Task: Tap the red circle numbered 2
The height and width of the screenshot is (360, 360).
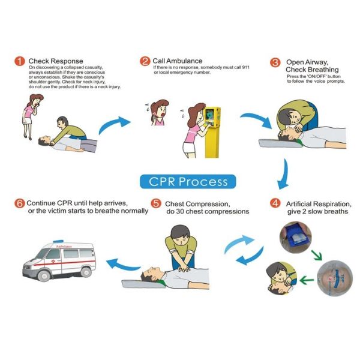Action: [x=145, y=61]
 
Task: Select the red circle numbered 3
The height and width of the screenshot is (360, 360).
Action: [x=275, y=62]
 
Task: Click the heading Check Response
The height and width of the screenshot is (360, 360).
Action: [x=56, y=61]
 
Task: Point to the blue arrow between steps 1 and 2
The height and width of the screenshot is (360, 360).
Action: [x=114, y=124]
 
